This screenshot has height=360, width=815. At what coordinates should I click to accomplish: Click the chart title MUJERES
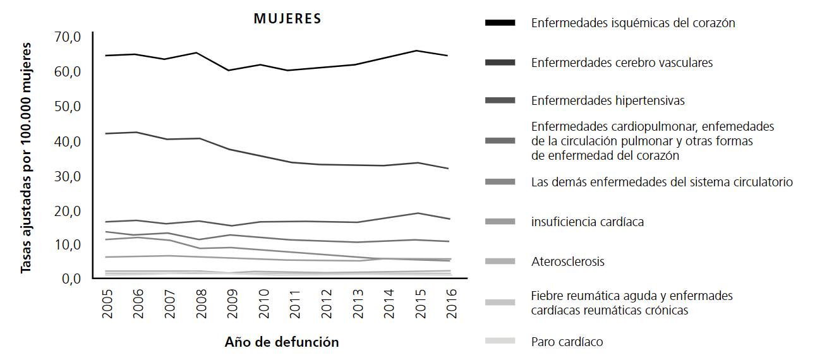[287, 19]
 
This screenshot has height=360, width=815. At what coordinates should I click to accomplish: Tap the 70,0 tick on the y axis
[68, 37]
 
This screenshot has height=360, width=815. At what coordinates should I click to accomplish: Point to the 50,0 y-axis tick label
[68, 106]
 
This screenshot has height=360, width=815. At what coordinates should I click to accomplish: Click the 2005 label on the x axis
[108, 304]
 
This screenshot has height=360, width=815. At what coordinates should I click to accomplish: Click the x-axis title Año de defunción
[282, 342]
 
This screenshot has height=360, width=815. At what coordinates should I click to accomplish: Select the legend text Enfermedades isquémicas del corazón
[633, 23]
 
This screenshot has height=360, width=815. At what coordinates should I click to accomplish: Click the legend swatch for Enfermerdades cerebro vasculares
[500, 63]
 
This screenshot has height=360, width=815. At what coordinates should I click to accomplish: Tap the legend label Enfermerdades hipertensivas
[608, 101]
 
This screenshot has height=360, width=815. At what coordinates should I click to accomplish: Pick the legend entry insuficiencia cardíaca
[588, 222]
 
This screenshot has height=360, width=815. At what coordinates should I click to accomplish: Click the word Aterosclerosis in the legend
[567, 261]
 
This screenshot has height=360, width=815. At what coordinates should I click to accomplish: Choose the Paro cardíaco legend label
[567, 342]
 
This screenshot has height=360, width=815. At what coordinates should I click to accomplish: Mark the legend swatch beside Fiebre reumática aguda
[500, 303]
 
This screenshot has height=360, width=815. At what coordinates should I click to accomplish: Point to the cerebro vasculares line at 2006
[136, 132]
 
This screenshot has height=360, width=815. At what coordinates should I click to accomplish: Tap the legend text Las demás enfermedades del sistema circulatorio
[662, 183]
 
